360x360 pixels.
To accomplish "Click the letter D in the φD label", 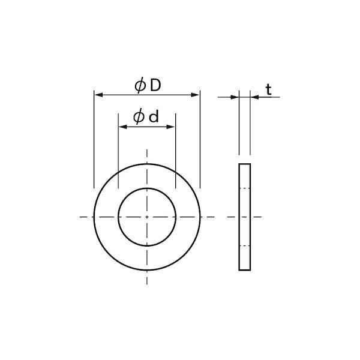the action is coord(155,85).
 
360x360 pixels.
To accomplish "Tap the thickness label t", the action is coord(269,89).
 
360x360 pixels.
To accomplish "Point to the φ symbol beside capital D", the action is coord(140,85).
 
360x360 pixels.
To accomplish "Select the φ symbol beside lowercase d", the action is coord(139,117).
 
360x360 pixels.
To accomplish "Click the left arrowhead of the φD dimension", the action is coord(98,95).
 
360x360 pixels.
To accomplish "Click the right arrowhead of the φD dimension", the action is coord(196,95).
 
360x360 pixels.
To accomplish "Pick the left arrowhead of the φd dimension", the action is coord(122,127).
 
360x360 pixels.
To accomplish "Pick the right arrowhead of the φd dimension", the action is coord(171,127).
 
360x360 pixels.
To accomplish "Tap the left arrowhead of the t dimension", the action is coord(235,97).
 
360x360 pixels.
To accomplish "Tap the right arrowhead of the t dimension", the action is coord(254,97).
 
